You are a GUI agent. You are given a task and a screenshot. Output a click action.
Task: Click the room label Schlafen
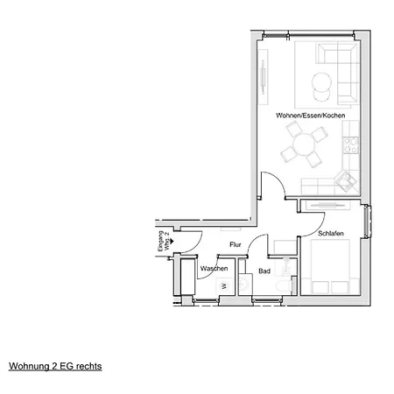point(331,234)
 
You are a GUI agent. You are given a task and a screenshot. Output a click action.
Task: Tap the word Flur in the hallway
point(236,244)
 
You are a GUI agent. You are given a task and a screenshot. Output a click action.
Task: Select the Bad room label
point(264,271)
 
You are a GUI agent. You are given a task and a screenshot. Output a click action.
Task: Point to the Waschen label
point(214,269)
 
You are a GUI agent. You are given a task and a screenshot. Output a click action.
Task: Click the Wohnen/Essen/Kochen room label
point(311,116)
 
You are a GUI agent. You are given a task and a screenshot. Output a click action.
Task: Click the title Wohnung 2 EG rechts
point(55,366)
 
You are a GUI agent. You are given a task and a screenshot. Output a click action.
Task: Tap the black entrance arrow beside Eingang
point(172,241)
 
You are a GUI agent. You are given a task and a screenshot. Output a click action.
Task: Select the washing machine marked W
point(224,286)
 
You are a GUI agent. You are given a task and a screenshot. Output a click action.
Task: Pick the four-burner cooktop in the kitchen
point(350,145)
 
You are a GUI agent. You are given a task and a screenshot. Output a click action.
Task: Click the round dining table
point(304,144)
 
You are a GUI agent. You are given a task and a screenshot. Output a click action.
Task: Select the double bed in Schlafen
point(330,266)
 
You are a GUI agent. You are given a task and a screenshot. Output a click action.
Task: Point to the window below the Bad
point(267,299)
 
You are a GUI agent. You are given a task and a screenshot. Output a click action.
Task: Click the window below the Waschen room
point(206,300)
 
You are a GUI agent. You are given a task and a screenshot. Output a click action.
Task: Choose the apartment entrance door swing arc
point(196,245)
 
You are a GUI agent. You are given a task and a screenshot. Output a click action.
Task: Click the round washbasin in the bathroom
point(243,283)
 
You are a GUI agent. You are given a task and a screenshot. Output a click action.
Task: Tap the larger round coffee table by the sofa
point(321,82)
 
